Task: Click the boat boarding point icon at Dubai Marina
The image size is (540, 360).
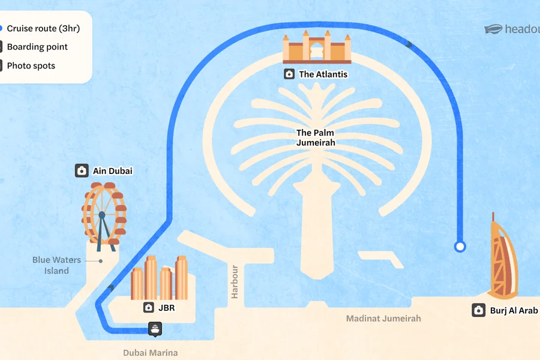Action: coord(155,329)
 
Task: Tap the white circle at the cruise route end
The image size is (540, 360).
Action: coord(460,247)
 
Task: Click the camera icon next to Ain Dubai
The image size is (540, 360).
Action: coord(82,170)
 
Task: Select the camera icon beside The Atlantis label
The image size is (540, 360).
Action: coord(289,74)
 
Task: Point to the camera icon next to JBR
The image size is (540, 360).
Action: coord(148,307)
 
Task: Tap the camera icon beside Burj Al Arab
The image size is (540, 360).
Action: coord(478,310)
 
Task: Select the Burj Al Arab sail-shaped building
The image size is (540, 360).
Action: coord(503,257)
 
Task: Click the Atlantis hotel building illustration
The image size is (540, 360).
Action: coord(317,47)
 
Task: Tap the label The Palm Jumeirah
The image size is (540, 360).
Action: coord(316,137)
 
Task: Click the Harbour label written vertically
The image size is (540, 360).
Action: coord(235,282)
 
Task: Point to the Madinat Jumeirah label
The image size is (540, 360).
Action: coord(383,319)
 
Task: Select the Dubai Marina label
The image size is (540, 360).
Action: coord(151,353)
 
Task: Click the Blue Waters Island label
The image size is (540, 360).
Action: coord(56,265)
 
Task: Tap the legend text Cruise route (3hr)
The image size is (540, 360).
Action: coord(43,28)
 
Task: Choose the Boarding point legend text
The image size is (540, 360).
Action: coord(37,47)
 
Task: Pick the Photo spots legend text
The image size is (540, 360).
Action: coord(31,65)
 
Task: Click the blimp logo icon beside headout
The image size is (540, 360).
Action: coord(493,29)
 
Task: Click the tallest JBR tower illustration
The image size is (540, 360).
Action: coord(151,278)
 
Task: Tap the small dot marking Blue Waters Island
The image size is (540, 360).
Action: coord(101,261)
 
